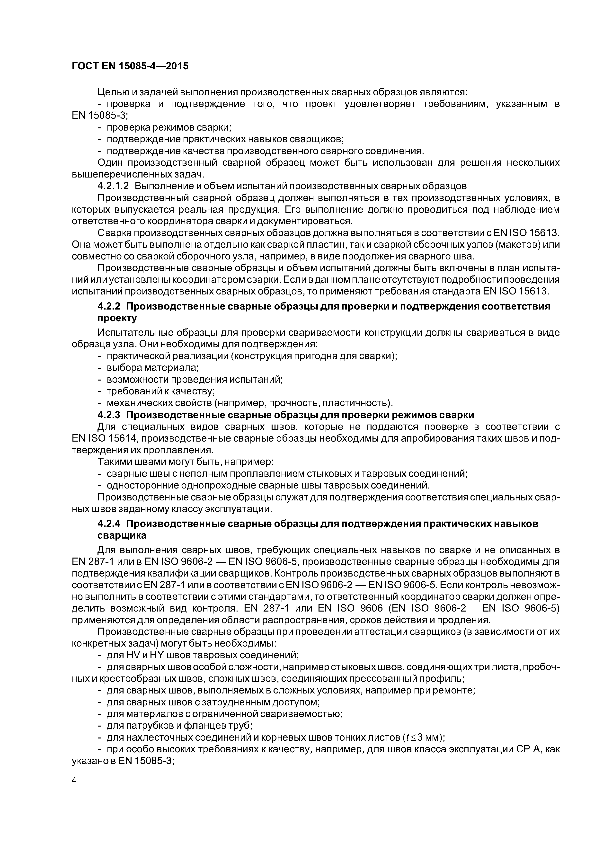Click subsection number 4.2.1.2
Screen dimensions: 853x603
113,186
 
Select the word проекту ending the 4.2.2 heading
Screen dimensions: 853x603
117,318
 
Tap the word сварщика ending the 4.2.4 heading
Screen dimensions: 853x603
122,535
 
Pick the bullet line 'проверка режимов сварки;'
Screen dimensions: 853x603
169,127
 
